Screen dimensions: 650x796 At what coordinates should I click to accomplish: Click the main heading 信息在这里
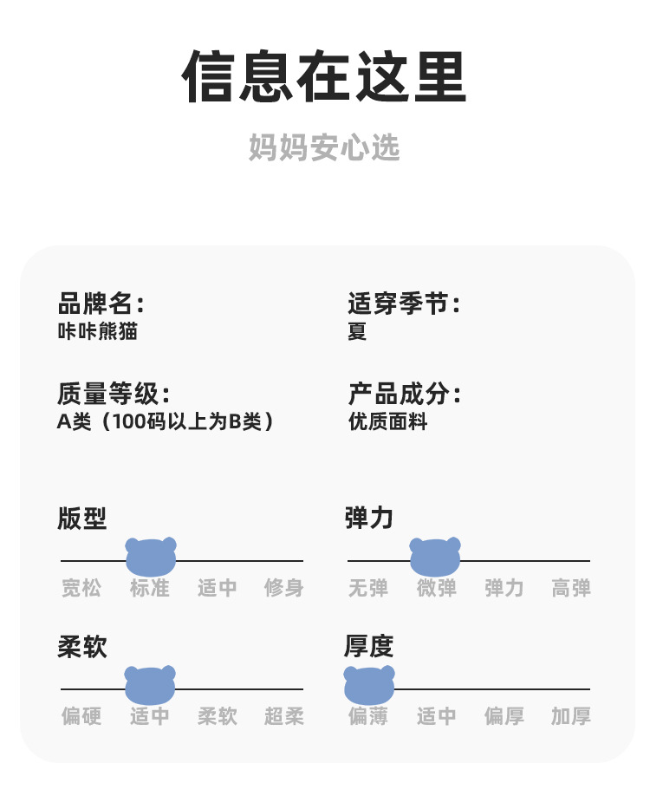tap(324, 78)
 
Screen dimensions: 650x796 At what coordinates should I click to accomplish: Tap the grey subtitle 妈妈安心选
tap(324, 147)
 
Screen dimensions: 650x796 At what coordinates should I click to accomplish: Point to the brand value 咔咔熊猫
tap(97, 330)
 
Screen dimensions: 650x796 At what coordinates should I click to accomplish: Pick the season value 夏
tap(357, 330)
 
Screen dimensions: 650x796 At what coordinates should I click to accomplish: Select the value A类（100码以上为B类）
tap(166, 421)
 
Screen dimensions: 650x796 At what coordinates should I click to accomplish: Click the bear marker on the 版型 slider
tap(151, 556)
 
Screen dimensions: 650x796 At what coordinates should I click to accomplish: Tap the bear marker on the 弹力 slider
tap(435, 556)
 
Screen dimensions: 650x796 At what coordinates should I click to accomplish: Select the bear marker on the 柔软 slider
tap(150, 684)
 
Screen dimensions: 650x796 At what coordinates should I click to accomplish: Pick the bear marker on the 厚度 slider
tap(369, 684)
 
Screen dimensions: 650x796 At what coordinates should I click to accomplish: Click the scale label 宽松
tap(81, 588)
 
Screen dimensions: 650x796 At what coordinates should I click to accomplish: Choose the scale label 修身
tap(284, 588)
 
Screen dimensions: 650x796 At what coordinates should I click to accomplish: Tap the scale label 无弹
tap(367, 588)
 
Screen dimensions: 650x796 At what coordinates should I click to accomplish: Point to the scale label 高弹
tap(571, 588)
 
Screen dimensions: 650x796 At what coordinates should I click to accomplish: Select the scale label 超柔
tap(284, 716)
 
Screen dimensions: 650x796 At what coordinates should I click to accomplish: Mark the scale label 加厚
tap(571, 716)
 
